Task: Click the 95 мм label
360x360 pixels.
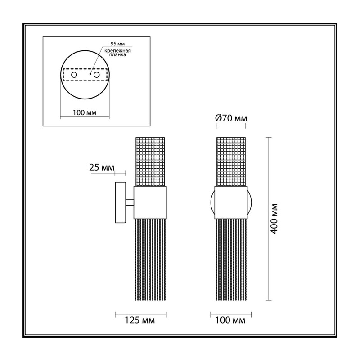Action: click(x=117, y=44)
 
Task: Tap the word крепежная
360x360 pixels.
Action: click(x=117, y=51)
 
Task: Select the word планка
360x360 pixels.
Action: click(x=117, y=55)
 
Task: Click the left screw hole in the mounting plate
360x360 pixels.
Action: click(x=74, y=75)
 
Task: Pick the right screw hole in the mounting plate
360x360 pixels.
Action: click(x=96, y=75)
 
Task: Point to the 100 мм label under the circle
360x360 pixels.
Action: click(x=85, y=113)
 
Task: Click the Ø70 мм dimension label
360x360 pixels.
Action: click(x=231, y=118)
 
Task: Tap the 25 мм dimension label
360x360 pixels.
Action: click(x=102, y=167)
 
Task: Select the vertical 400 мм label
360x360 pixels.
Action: click(x=274, y=219)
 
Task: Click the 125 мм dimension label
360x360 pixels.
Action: click(x=139, y=320)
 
